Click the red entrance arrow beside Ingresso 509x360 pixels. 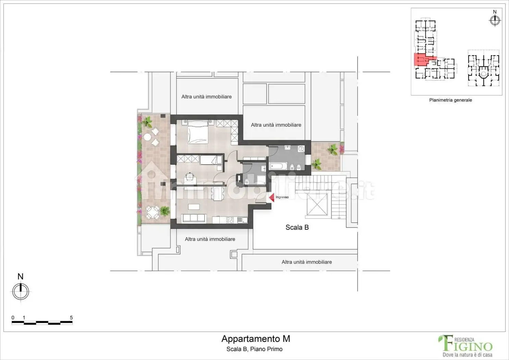[x=271, y=197]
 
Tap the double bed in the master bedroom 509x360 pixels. [x=198, y=132]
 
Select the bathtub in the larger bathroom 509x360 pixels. [x=278, y=167]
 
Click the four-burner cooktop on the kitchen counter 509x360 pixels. [x=230, y=220]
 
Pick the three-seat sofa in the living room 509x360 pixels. [x=194, y=218]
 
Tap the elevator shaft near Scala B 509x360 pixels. [x=317, y=205]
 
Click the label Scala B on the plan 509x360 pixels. [x=297, y=227]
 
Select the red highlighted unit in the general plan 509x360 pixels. [x=421, y=60]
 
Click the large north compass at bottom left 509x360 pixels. [x=21, y=291]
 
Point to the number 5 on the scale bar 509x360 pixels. [x=71, y=317]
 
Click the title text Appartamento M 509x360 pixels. [x=256, y=339]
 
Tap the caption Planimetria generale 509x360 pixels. [x=450, y=100]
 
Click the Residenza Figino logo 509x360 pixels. [x=465, y=346]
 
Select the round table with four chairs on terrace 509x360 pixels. [x=152, y=213]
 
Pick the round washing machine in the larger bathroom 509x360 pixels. [x=301, y=149]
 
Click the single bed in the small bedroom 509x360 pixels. [x=211, y=160]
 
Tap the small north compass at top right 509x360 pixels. [x=495, y=20]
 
